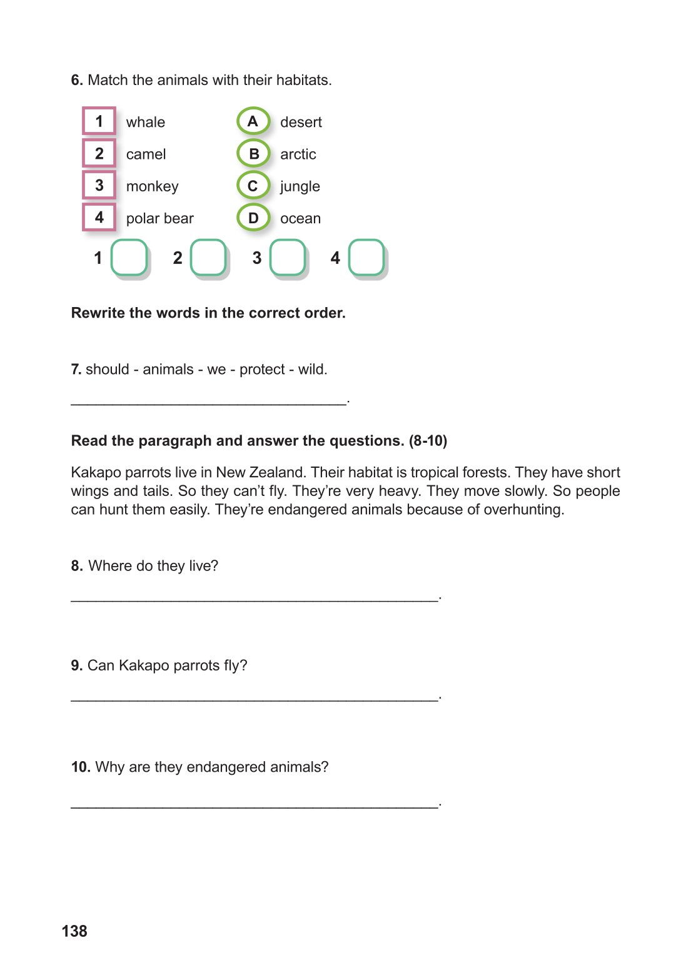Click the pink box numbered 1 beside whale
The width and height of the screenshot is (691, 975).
coord(99,121)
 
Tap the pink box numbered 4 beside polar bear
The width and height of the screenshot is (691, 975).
coord(99,218)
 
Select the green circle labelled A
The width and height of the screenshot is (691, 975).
coord(253,121)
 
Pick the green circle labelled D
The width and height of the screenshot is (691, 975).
coord(253,218)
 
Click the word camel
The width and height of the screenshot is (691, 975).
coord(146,154)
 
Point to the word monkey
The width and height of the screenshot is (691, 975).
coord(152,186)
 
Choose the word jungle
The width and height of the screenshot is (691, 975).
coord(300,186)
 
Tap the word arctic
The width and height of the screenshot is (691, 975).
coord(298,154)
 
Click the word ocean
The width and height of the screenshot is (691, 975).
coord(300,219)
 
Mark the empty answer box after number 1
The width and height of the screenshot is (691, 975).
coord(129,257)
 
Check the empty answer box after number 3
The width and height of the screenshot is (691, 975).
coord(288,257)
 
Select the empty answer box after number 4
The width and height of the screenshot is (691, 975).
coord(366,257)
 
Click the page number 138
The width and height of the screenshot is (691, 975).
coord(74,931)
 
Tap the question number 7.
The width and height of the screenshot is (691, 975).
coord(76,370)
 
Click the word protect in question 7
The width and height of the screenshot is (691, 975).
coord(262,370)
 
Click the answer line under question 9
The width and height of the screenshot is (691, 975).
coord(255,699)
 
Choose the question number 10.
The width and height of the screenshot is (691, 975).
coord(81,767)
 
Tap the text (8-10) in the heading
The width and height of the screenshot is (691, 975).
coord(428,441)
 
